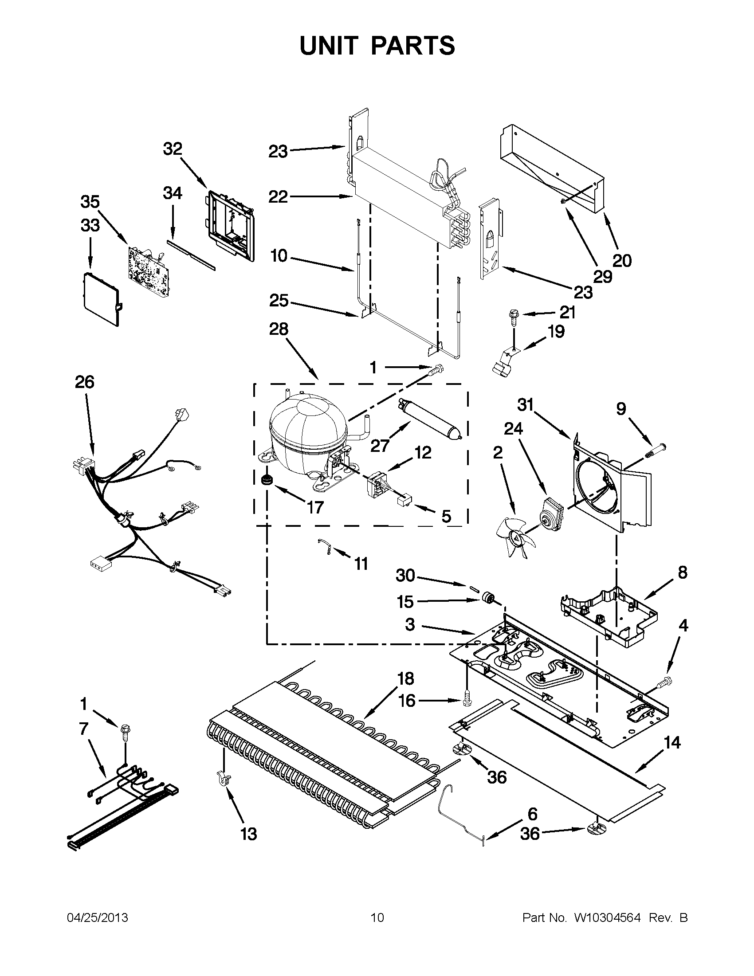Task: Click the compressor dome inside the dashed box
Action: (308, 433)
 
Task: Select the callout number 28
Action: (279, 329)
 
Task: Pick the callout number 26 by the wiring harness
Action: (84, 382)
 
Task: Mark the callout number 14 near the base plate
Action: (672, 743)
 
